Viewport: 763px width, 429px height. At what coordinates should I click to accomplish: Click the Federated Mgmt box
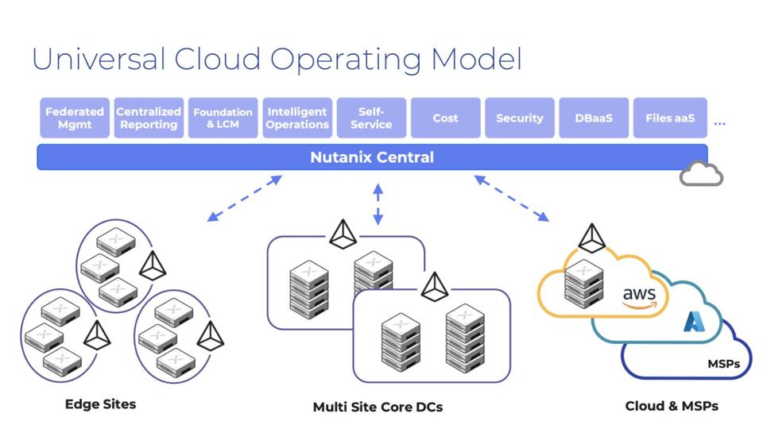pyautogui.click(x=74, y=118)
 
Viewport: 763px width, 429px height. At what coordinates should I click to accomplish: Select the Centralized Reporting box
pyautogui.click(x=149, y=118)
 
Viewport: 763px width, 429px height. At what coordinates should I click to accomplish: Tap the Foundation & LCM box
pyautogui.click(x=223, y=118)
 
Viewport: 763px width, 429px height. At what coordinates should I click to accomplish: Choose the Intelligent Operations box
pyautogui.click(x=297, y=118)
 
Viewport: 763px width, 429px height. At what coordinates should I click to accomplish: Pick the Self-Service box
pyautogui.click(x=371, y=118)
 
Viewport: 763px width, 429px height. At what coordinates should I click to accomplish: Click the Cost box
pyautogui.click(x=445, y=118)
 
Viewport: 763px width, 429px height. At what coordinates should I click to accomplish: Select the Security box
pyautogui.click(x=519, y=118)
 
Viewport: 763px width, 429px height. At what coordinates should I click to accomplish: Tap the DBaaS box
pyautogui.click(x=594, y=118)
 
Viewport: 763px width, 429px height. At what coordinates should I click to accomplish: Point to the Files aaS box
pyautogui.click(x=669, y=118)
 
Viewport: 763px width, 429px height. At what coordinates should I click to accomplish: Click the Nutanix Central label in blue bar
pyautogui.click(x=372, y=157)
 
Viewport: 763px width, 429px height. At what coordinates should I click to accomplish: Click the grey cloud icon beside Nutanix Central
pyautogui.click(x=701, y=174)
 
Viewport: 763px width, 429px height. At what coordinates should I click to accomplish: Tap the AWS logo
pyautogui.click(x=639, y=298)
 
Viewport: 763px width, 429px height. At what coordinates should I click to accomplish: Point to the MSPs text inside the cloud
pyautogui.click(x=723, y=364)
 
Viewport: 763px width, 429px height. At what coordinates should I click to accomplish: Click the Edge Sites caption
pyautogui.click(x=100, y=404)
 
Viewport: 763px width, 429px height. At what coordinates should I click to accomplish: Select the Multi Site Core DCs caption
pyautogui.click(x=378, y=407)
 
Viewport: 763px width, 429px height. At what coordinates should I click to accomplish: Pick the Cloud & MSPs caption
pyautogui.click(x=672, y=406)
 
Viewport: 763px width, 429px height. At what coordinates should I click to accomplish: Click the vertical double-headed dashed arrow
pyautogui.click(x=378, y=204)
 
